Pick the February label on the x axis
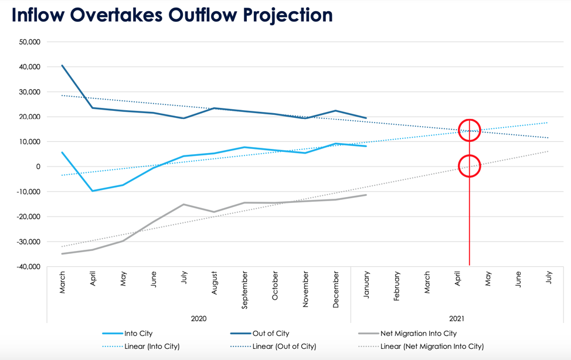click(x=397, y=286)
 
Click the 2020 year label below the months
click(x=199, y=318)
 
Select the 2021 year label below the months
click(x=457, y=318)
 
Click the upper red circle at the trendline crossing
click(x=469, y=130)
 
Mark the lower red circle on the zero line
click(x=469, y=166)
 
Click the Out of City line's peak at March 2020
click(x=62, y=65)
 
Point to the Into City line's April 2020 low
click(x=93, y=191)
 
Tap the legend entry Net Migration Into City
click(x=418, y=334)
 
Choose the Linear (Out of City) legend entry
click(x=284, y=347)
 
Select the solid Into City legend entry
click(x=138, y=334)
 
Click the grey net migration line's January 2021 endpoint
click(x=366, y=195)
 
